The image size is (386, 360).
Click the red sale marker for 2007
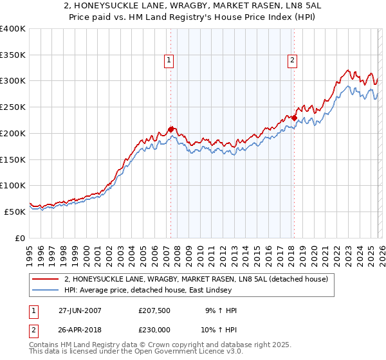pos(170,129)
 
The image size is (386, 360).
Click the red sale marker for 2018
pos(294,118)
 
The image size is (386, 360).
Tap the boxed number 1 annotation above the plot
pos(169,60)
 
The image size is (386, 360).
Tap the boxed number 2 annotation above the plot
pos(292,60)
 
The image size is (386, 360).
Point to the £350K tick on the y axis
pos(13,55)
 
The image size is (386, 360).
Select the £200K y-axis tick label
pos(13,133)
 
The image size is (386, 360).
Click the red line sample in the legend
pos(46,279)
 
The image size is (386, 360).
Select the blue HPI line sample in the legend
pos(46,291)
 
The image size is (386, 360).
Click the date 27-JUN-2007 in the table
pos(80,310)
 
